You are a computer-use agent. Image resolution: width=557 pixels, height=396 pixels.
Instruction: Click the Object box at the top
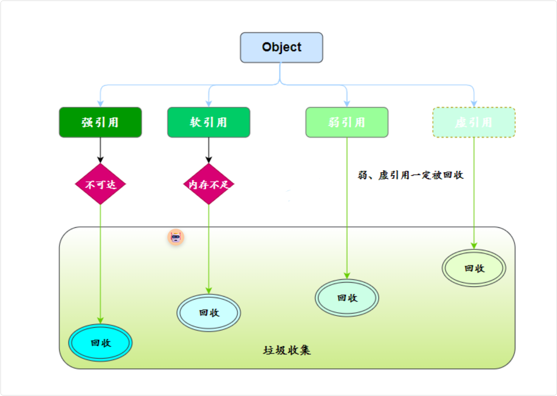point(281,47)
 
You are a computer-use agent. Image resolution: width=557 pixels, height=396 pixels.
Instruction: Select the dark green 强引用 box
point(100,122)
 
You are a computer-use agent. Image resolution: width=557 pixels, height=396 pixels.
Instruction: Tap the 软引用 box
point(209,122)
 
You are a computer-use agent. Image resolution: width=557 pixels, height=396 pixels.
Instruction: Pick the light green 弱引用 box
point(347,122)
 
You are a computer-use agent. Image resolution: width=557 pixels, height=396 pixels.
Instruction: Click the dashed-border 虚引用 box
point(474,122)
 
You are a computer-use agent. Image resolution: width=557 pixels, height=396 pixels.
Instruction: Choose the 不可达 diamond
point(100,184)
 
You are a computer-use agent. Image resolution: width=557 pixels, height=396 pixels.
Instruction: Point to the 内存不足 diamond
point(209,184)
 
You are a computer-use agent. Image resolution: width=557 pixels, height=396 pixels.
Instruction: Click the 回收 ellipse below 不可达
point(100,343)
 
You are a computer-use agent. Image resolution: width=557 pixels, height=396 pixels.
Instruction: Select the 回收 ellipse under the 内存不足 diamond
point(209,313)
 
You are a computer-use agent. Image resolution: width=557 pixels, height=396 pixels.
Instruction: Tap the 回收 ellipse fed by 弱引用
point(347,298)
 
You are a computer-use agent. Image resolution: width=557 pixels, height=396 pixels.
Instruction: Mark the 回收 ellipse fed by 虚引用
point(474,268)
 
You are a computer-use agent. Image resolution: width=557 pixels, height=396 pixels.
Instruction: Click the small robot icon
point(176,238)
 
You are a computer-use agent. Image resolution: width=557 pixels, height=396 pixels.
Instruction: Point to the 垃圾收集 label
point(287,350)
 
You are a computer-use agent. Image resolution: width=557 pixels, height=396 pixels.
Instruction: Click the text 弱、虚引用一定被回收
point(411,175)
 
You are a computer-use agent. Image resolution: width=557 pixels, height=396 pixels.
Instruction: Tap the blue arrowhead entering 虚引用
point(474,104)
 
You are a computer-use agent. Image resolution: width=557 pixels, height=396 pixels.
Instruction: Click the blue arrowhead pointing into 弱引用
point(347,104)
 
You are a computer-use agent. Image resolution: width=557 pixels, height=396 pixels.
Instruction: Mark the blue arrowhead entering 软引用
point(209,104)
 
